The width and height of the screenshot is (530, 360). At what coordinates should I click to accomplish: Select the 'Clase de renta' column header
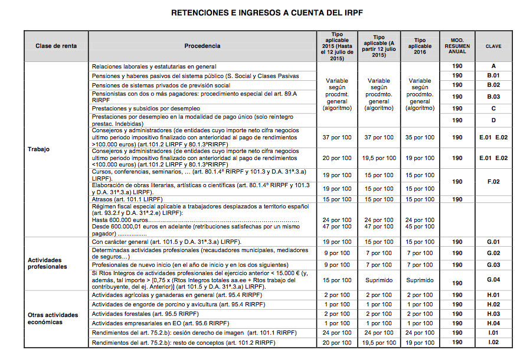[x=56, y=46]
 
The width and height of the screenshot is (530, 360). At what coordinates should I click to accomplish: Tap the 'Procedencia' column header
[x=202, y=46]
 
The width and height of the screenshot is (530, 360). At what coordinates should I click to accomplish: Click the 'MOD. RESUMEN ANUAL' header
[x=457, y=46]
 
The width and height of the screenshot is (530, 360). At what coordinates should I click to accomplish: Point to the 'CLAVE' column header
[x=493, y=46]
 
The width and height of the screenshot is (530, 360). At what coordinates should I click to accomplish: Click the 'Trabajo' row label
[x=39, y=149]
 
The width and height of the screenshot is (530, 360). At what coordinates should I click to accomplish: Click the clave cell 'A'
[x=493, y=66]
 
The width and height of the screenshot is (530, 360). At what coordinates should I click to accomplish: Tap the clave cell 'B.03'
[x=493, y=96]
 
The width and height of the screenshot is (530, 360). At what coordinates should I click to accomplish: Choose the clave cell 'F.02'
[x=493, y=182]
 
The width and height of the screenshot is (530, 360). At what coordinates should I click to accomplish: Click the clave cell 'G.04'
[x=493, y=280]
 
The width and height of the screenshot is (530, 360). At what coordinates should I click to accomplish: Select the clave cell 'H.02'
[x=493, y=305]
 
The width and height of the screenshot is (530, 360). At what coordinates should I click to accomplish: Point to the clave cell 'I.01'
[x=493, y=333]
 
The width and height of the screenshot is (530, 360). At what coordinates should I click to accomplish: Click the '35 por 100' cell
[x=420, y=138]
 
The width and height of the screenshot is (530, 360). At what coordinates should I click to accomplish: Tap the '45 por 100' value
[x=420, y=227]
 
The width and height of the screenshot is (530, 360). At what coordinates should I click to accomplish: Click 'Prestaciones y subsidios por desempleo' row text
[x=146, y=109]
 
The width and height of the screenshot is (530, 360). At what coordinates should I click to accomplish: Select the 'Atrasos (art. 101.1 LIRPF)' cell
[x=127, y=199]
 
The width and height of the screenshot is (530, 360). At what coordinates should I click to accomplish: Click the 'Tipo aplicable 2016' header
[x=420, y=46]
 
